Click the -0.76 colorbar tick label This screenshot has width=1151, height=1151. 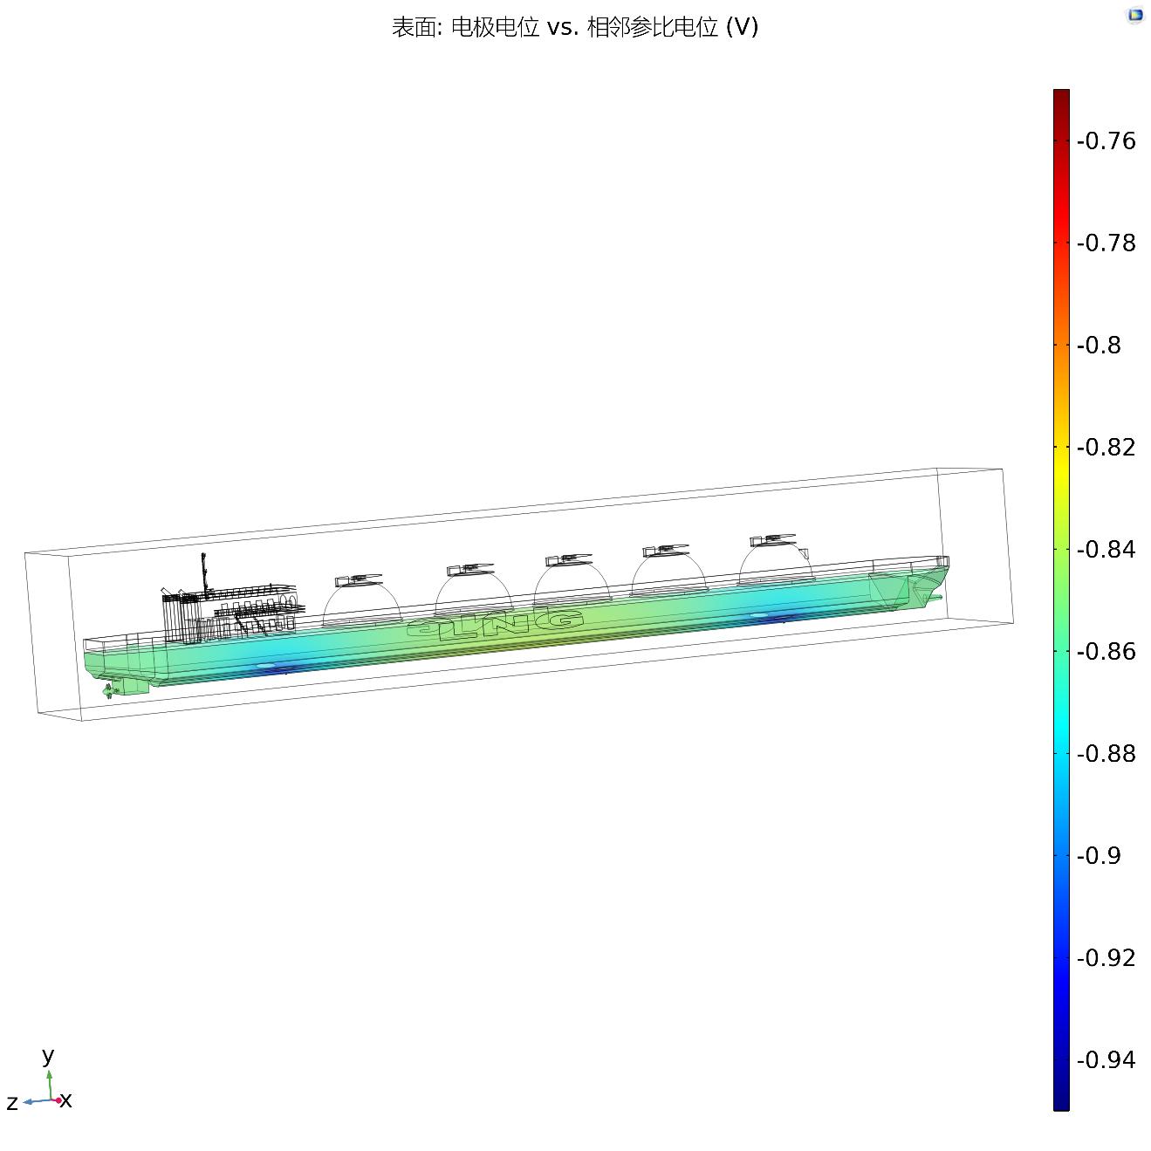coord(1106,141)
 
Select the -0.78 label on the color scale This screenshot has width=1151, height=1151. coord(1106,243)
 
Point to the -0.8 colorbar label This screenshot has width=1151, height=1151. coord(1099,346)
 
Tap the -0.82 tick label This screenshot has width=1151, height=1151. coord(1106,448)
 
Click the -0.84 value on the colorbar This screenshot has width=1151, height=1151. coord(1106,550)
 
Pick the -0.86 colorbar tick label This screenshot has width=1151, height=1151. coord(1106,652)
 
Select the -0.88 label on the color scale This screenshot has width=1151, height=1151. coord(1106,754)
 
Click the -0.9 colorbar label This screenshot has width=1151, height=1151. coord(1099,856)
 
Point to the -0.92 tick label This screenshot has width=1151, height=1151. coord(1106,958)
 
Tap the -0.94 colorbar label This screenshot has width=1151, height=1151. coord(1106,1060)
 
